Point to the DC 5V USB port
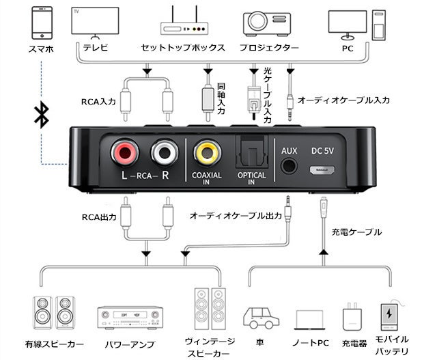(x=324, y=169)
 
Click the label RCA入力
(x=98, y=102)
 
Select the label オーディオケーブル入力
(x=344, y=100)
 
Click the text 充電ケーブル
(x=356, y=232)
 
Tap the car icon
(x=259, y=318)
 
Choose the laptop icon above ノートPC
(x=311, y=320)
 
